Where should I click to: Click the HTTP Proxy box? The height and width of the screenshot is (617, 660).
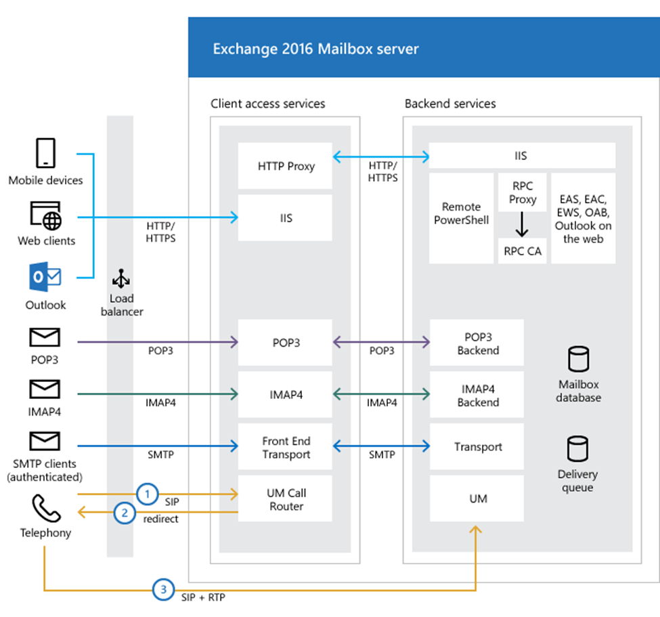point(285,166)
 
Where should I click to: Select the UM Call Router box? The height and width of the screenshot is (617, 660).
point(285,499)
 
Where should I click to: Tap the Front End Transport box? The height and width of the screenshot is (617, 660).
point(285,447)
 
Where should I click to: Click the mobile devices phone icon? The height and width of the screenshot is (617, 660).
point(45,154)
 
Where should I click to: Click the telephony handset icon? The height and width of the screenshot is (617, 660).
point(45,507)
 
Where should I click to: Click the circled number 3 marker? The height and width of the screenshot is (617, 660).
point(162,590)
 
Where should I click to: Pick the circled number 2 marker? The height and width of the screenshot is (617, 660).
point(124,513)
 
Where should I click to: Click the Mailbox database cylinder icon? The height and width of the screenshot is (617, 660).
point(578,360)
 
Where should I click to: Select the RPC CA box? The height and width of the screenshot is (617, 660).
point(522,251)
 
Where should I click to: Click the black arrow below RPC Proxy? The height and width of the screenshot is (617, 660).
point(522,224)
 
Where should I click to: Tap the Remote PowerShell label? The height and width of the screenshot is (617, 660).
point(461,213)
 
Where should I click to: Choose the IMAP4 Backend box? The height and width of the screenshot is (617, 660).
point(477,396)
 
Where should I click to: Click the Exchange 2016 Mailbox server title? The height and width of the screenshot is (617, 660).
point(315,49)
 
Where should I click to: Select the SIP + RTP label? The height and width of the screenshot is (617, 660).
point(204,599)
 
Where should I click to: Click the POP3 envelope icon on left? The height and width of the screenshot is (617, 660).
point(45,337)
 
